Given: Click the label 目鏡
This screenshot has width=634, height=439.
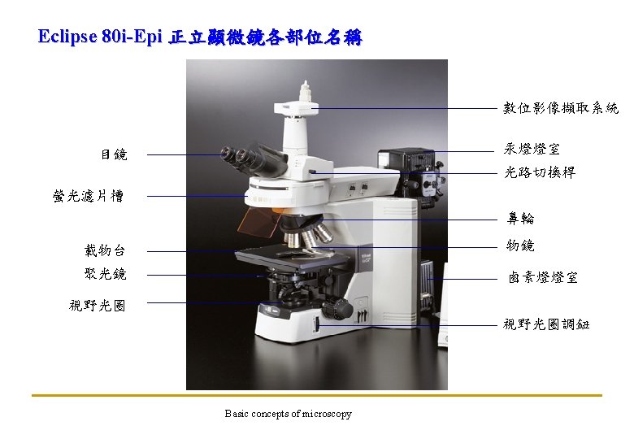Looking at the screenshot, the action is (x=113, y=154).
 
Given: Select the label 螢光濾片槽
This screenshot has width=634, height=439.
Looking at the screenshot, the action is (x=88, y=196).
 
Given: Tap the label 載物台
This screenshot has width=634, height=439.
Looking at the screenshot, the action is (x=105, y=250).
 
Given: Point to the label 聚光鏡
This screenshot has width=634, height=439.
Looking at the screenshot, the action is (x=105, y=274).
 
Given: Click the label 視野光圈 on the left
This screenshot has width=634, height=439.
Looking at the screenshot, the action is (x=98, y=306).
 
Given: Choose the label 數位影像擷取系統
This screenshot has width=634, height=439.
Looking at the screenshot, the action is (x=560, y=108).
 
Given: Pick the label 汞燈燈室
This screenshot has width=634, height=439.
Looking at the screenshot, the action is (x=531, y=150).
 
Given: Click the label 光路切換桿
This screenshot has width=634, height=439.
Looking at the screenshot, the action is (x=539, y=172).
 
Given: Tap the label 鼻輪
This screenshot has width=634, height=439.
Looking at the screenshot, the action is (x=521, y=219).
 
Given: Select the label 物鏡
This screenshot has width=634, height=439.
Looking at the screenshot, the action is (x=521, y=246).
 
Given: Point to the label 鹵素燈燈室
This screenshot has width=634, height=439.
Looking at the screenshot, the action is (x=543, y=278).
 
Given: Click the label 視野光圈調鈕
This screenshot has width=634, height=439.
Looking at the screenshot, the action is (x=546, y=325).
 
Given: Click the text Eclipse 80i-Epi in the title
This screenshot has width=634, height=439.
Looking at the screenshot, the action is (x=101, y=37).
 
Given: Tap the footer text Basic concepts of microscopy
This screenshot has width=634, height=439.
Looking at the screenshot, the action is (x=289, y=414).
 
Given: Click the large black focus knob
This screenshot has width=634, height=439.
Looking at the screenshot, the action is (x=339, y=309).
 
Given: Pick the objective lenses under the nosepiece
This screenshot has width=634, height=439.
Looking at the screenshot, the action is (x=307, y=237).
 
